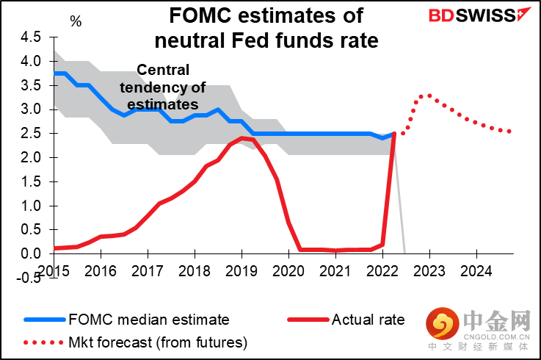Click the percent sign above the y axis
click(76, 21)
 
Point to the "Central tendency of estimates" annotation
click(162, 87)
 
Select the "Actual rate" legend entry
click(368, 320)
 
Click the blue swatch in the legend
click(44, 320)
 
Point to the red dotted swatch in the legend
click(44, 342)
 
